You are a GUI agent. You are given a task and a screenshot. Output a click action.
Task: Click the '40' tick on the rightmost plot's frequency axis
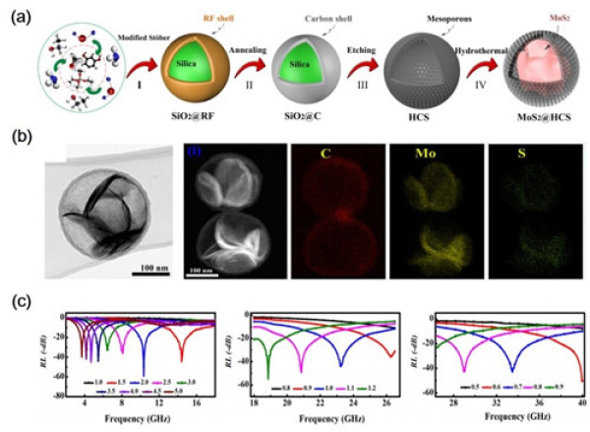(581, 401)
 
